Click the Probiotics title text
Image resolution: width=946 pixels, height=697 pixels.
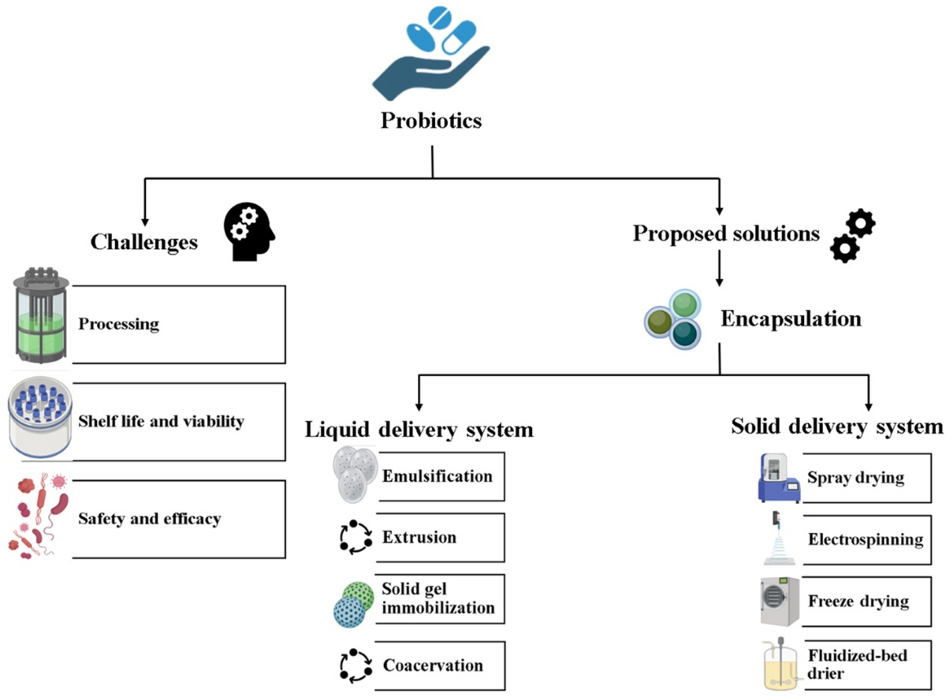(431, 121)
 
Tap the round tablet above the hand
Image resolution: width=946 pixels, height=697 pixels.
(440, 18)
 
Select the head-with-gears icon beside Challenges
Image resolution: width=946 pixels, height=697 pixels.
(249, 232)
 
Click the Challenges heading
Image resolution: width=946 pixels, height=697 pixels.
(144, 243)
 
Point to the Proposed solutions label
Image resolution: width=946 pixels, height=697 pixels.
(726, 233)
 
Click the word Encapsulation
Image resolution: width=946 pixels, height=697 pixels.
(791, 319)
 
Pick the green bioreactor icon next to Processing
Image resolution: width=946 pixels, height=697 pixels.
(41, 315)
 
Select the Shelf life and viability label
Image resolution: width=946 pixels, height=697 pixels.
(161, 422)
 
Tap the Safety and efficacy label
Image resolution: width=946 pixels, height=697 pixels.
(150, 519)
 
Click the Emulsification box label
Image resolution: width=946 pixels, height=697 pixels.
(438, 476)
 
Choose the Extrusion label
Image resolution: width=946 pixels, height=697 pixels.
(419, 537)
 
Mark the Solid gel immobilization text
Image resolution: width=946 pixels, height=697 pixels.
(438, 598)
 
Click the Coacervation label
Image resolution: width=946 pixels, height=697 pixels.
(433, 665)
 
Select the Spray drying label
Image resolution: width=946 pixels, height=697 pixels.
(856, 478)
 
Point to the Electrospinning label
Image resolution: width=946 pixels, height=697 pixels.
(866, 540)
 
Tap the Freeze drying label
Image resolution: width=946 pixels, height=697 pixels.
(858, 601)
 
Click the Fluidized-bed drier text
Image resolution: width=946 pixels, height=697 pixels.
(858, 664)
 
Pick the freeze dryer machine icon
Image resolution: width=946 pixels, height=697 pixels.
(780, 602)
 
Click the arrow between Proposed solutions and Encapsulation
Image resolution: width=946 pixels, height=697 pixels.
(719, 268)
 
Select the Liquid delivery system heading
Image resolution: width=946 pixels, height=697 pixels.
(419, 430)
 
